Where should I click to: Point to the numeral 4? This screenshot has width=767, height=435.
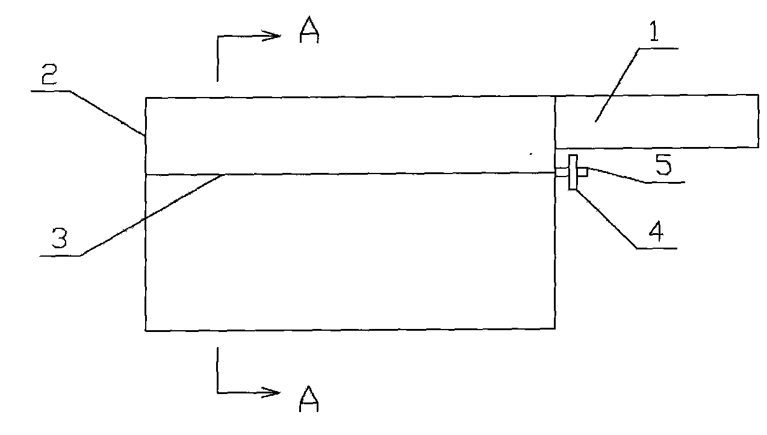659,232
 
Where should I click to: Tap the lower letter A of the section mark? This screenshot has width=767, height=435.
309,399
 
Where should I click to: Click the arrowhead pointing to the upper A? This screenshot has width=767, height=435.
274,36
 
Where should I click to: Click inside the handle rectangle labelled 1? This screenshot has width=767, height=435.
656,121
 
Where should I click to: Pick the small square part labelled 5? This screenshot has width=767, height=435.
582,172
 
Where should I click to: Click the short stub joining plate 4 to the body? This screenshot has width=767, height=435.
561,174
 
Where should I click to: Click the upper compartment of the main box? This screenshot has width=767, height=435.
349,136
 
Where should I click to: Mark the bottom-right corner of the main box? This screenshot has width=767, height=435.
554,328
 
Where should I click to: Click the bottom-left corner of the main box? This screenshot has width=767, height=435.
146,330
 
